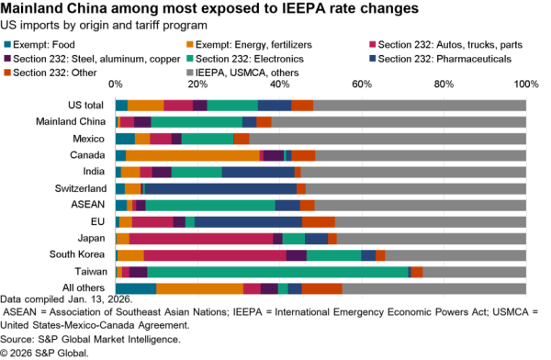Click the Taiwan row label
tap(93, 272)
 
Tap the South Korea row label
tap(80, 254)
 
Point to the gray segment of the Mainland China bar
tap(399, 121)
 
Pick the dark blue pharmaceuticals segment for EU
tap(248, 221)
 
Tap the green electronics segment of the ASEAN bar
tap(210, 205)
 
